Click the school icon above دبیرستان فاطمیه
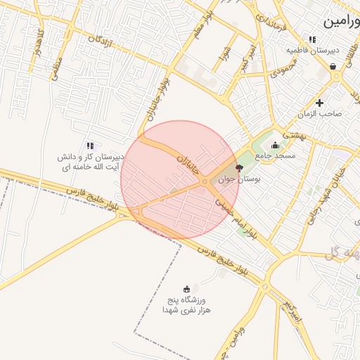pos(312,39)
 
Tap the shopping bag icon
pos(332,67)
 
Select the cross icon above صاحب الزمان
pos(319,103)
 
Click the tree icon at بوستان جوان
pos(239,169)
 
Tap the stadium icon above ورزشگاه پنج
pos(186,288)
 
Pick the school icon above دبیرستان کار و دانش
pos(90,146)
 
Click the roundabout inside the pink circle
pos(205,183)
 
